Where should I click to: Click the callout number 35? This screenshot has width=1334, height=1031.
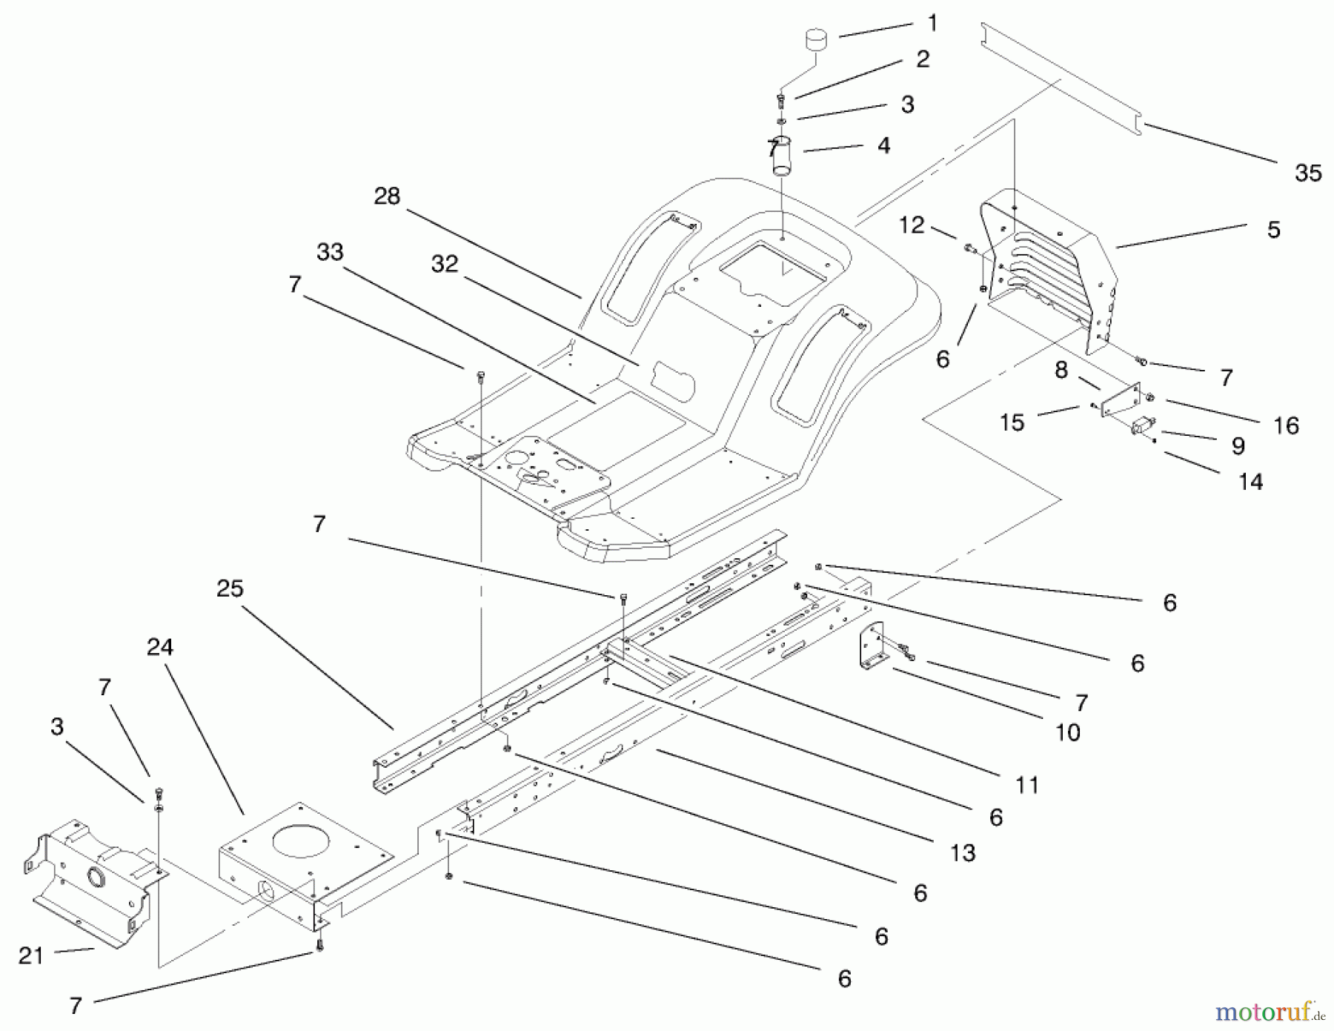(x=1308, y=173)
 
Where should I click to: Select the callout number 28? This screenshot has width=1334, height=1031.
(x=387, y=196)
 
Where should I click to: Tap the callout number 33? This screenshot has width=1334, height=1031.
(x=330, y=252)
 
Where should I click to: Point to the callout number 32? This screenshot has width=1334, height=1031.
(x=445, y=264)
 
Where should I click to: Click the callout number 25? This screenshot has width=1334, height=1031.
(x=230, y=589)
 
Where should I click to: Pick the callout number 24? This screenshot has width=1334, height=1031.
(x=160, y=648)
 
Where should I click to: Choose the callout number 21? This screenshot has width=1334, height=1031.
(x=31, y=956)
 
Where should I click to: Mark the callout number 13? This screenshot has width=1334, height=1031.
(x=963, y=853)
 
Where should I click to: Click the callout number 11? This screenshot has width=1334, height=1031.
(x=1027, y=784)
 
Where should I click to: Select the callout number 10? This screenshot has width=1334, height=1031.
(x=1067, y=732)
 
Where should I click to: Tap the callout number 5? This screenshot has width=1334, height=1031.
(x=1273, y=230)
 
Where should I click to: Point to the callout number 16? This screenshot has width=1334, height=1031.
(x=1287, y=425)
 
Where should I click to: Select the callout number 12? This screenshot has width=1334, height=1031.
(x=912, y=225)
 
